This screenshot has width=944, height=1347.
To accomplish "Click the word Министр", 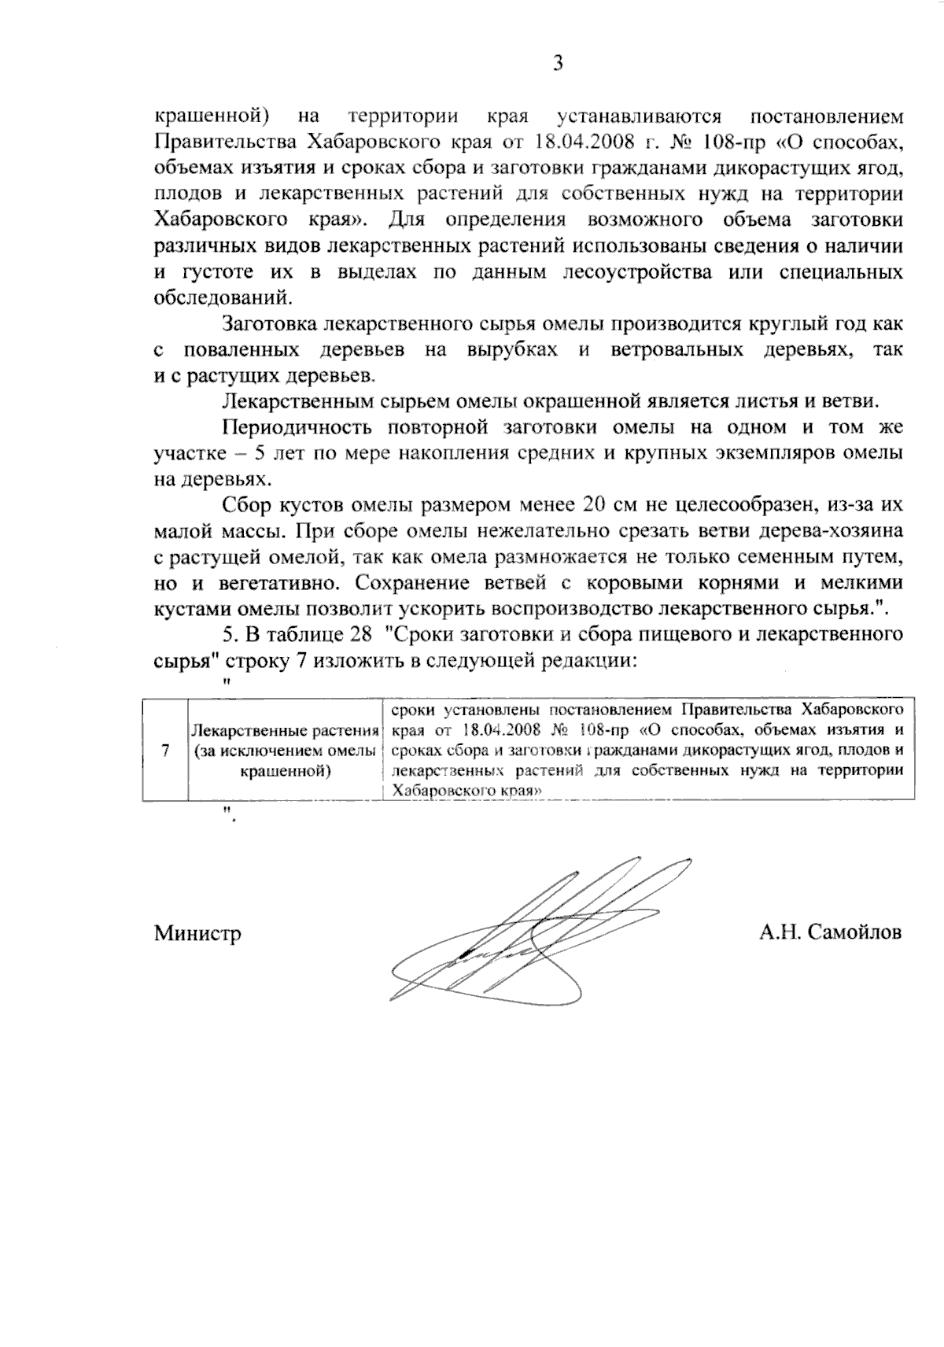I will [x=197, y=933].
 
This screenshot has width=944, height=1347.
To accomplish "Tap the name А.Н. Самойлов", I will [x=831, y=932].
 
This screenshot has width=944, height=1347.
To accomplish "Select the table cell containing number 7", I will [x=165, y=750].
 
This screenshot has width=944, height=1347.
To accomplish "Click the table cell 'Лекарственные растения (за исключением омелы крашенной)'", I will [x=284, y=751].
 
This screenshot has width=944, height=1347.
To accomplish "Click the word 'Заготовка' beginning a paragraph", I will [x=270, y=323].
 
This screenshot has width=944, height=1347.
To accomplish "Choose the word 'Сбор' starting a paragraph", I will [x=246, y=504].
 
